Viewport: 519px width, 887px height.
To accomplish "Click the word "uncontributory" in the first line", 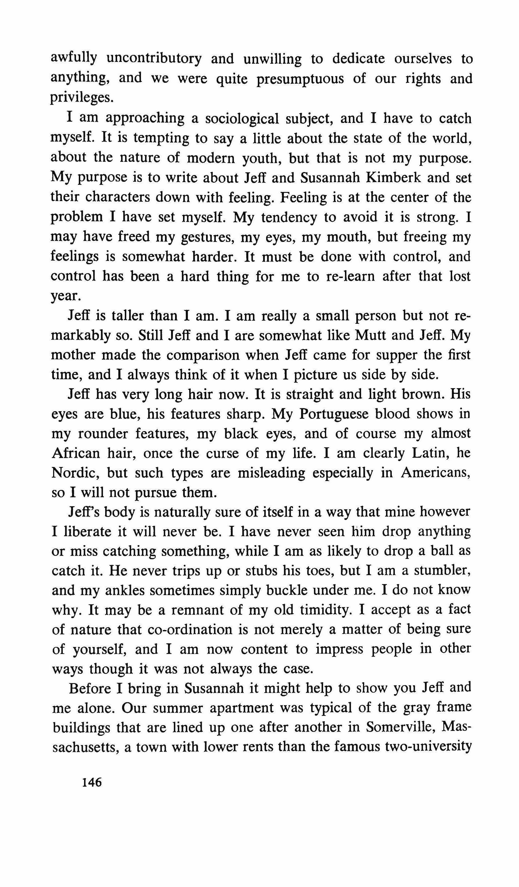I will [154, 59].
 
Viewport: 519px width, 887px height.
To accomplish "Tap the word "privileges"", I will [82, 98].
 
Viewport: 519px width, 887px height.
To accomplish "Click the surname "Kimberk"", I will [393, 178].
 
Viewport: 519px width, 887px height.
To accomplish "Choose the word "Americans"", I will [436, 473].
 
